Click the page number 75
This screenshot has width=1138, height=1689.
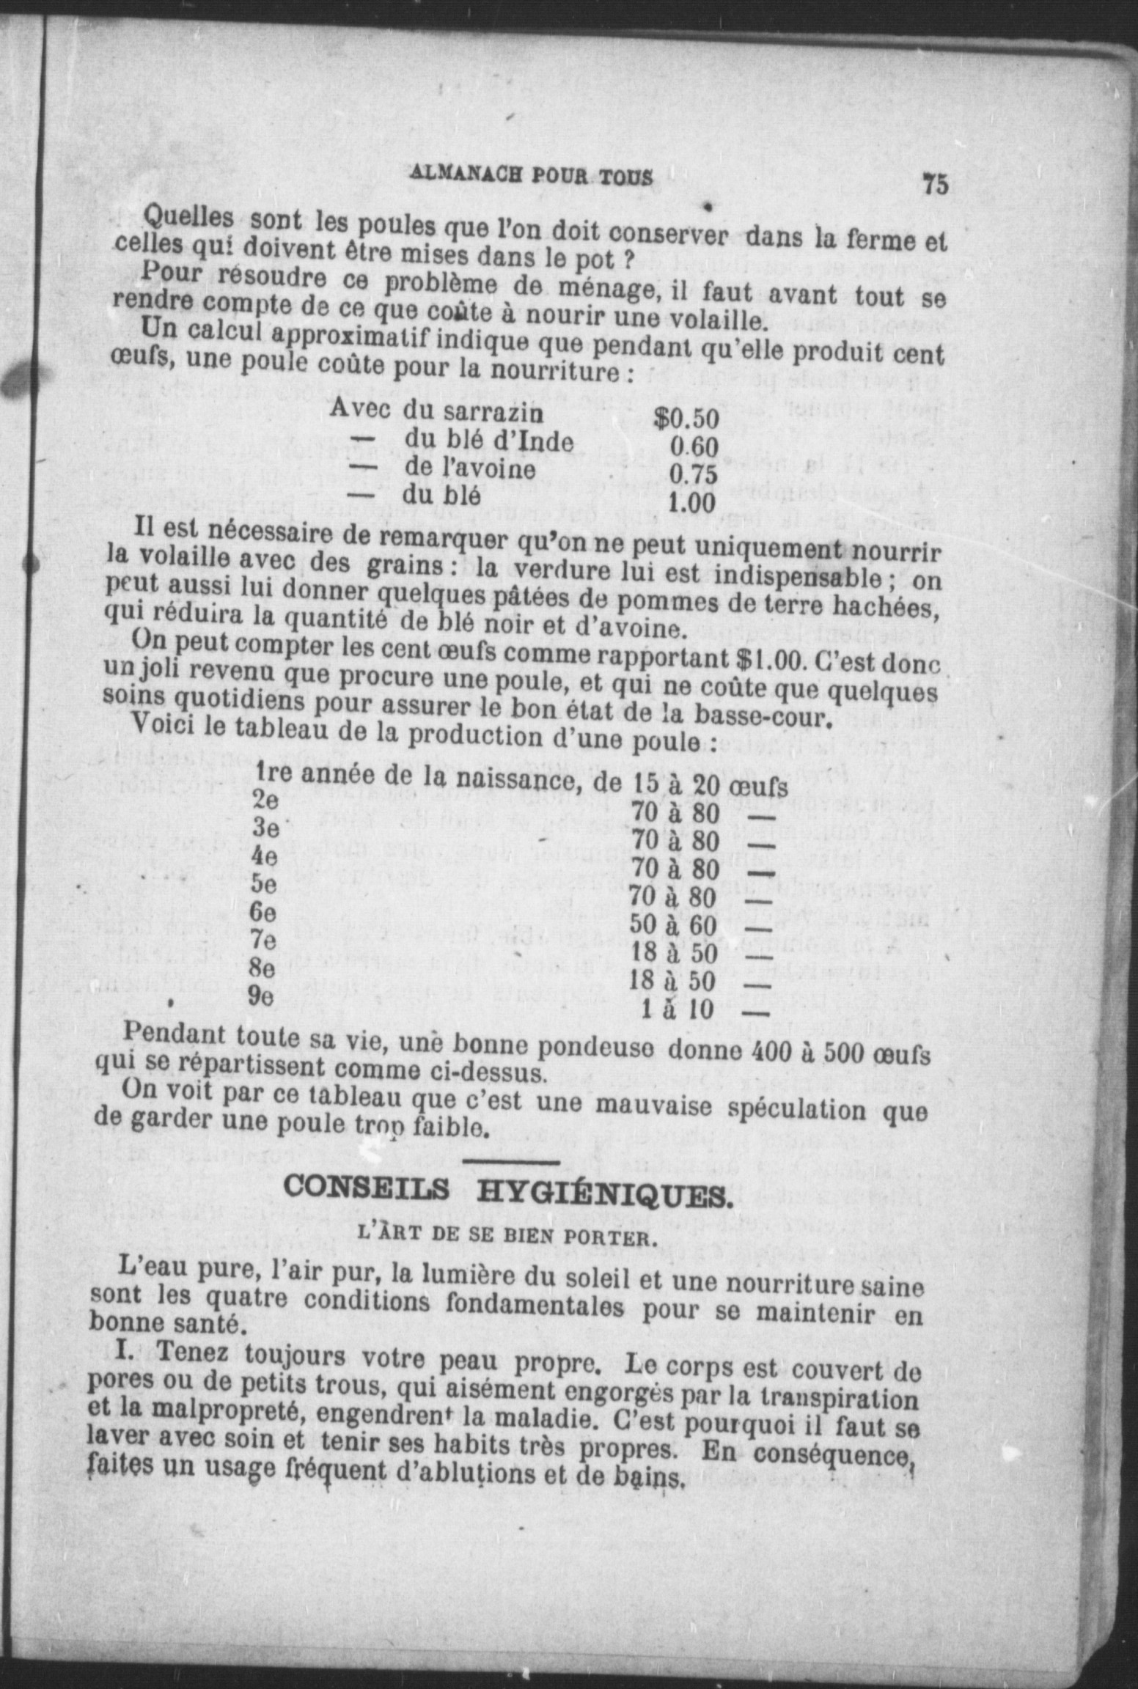tap(935, 183)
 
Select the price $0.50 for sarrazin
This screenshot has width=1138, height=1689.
tap(686, 420)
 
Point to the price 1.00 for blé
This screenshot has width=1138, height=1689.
tap(691, 503)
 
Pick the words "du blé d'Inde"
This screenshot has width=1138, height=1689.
tap(489, 441)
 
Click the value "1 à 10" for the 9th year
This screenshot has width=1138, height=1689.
tap(676, 1010)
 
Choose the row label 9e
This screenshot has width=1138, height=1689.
tap(261, 996)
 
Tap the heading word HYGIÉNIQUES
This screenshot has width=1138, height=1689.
tap(605, 1197)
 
